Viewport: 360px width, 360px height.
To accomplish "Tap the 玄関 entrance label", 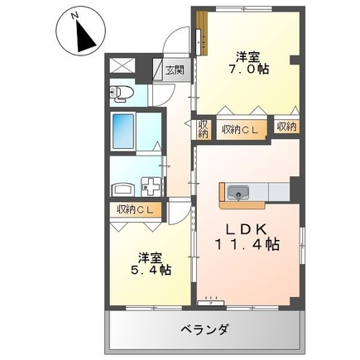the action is coord(175,70).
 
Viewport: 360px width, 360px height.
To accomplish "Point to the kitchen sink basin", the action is coord(238,192).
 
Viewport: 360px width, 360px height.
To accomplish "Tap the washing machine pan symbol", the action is coord(151,187).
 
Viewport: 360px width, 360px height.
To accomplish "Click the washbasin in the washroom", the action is coord(123,190).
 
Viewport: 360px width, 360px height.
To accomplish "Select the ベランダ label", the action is coord(204,329).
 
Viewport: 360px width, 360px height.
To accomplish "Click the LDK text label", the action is coord(247,228).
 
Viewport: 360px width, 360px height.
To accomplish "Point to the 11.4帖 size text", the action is coord(247,244).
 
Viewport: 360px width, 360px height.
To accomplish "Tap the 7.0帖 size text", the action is coord(248,69).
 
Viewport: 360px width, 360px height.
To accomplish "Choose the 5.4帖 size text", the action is coord(151,270).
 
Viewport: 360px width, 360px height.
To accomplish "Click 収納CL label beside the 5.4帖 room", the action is coord(135,210).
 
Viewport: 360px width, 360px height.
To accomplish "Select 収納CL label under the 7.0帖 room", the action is coord(240,129).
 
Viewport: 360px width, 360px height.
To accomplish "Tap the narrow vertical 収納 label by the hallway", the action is coord(204,129).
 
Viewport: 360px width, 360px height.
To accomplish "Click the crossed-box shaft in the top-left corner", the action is coord(122,65).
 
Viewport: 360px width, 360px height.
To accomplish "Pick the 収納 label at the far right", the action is coord(287,127).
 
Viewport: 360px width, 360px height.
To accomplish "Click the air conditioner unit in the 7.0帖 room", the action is coord(199,41).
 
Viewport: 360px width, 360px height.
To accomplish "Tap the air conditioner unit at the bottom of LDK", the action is coord(211,303).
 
